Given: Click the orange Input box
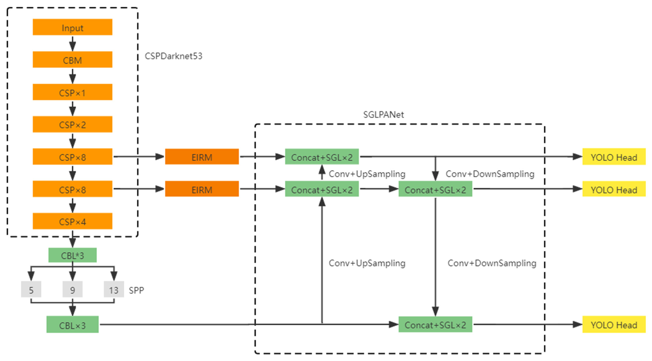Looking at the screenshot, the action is pos(72,27).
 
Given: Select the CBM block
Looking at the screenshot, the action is pos(72,60).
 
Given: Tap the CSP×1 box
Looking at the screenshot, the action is pos(72,92).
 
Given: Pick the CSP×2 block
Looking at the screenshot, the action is pos(72,124).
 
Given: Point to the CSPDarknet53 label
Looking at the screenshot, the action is pos(173,56).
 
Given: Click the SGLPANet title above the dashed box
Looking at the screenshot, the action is pos(383,115).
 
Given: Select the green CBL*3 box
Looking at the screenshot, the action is pos(72,255).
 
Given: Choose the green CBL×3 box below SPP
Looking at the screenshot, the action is pos(72,325).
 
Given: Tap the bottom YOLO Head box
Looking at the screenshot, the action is pos(614,324).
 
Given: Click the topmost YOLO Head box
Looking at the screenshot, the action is pos(614,157).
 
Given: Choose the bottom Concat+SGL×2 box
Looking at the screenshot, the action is pos(435,324).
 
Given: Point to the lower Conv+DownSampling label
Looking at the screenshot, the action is pos(492,263).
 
